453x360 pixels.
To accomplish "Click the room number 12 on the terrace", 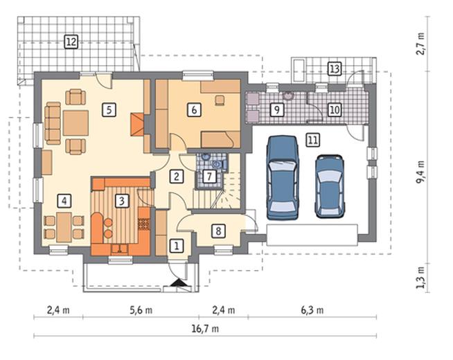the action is click(x=71, y=42).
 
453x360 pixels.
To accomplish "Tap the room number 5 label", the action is click(x=109, y=109).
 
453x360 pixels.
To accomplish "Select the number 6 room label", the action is click(x=194, y=109).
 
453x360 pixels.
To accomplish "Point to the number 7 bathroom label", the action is click(x=209, y=176).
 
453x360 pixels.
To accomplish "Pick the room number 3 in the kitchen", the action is click(x=122, y=201).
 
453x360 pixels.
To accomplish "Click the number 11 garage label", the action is click(x=313, y=141).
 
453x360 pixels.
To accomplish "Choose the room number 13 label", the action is click(x=335, y=69).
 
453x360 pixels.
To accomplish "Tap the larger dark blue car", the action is click(x=283, y=177).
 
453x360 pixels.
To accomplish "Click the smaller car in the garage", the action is click(x=330, y=186).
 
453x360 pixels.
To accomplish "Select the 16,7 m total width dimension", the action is click(x=205, y=329).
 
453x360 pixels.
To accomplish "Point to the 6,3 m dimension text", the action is click(x=312, y=310).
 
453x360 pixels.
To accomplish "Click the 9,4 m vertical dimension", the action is click(x=420, y=172).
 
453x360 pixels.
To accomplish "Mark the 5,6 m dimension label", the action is click(x=141, y=310).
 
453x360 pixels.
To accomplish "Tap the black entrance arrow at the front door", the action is click(x=176, y=282).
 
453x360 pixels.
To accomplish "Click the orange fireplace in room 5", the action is click(x=137, y=125).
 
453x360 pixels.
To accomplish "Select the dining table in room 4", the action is click(x=64, y=228).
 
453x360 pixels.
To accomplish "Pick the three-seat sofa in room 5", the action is click(x=53, y=123).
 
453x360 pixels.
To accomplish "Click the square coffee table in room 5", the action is click(x=75, y=123).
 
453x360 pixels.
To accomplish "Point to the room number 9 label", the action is click(x=277, y=109).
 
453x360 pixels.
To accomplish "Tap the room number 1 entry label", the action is click(x=176, y=246).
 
